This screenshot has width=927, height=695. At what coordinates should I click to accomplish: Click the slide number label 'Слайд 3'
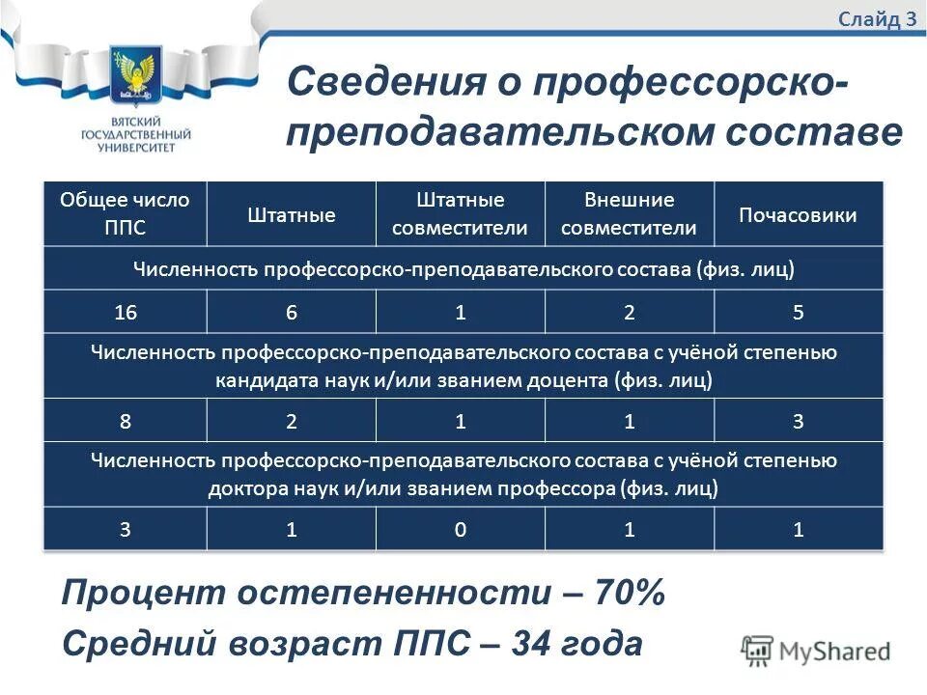click(877, 20)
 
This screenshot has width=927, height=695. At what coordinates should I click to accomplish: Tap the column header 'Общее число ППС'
click(125, 213)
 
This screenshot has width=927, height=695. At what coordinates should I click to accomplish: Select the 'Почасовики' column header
click(798, 214)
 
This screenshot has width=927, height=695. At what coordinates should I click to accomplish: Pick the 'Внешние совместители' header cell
click(629, 213)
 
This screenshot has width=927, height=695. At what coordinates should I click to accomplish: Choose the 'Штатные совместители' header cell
click(461, 213)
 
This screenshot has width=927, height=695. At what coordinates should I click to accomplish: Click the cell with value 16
click(125, 312)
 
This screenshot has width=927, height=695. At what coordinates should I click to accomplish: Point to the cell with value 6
click(291, 312)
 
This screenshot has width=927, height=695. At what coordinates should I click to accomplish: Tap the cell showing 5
click(798, 312)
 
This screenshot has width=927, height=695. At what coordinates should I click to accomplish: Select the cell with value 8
click(125, 421)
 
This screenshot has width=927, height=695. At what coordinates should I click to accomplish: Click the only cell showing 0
click(461, 529)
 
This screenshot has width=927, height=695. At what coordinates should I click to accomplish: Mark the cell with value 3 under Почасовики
click(798, 421)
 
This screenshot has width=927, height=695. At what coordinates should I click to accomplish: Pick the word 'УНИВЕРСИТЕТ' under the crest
click(136, 148)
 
